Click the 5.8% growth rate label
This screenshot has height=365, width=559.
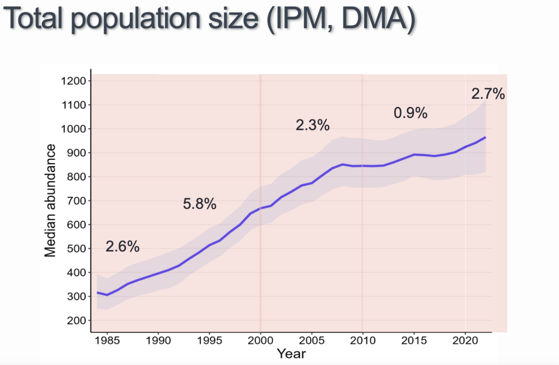(x=200, y=205)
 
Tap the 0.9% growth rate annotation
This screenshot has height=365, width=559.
(x=410, y=113)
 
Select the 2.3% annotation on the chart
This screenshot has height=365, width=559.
(x=313, y=125)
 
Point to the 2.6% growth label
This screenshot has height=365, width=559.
(x=123, y=247)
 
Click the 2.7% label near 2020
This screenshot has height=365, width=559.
(x=488, y=94)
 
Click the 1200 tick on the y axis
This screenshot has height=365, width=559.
(x=73, y=81)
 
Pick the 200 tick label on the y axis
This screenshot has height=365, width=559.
(x=76, y=321)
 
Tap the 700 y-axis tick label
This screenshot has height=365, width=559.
(x=76, y=201)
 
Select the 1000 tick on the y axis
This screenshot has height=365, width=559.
(x=73, y=129)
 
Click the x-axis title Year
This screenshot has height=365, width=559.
(x=291, y=354)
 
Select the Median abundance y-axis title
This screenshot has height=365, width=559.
(x=50, y=200)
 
